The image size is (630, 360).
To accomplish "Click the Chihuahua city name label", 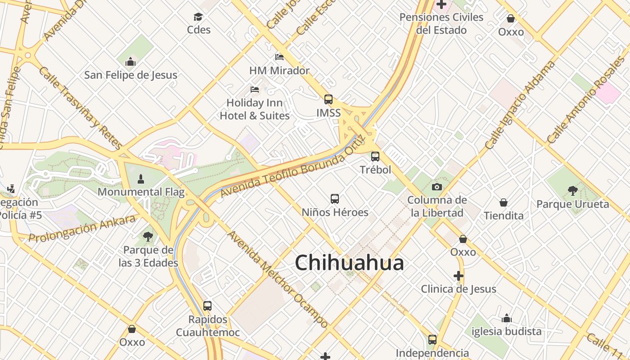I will point(349,263).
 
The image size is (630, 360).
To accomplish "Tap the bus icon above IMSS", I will point(328,99).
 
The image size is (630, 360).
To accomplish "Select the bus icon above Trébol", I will point(375,157).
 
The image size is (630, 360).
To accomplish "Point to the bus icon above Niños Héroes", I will point(335,199).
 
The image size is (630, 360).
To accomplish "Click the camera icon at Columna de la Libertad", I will point(436,187).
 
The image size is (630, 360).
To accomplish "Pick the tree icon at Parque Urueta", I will point(572,191).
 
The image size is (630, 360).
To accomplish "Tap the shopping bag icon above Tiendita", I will point(504,202).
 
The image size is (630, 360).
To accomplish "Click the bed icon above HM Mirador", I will point(279,57).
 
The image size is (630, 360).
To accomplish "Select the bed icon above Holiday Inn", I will point(255,90).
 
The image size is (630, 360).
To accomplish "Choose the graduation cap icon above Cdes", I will point(198,17).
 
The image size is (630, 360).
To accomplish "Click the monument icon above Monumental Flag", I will point(141,179).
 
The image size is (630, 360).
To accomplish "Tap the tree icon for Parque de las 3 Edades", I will point(148,236).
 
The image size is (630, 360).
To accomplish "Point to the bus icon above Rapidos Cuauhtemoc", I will point(207,306).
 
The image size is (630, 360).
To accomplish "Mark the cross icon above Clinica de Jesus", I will point(459,276).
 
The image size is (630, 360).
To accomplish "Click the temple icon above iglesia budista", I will point(507,318).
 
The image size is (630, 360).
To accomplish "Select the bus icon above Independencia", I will point(432,340).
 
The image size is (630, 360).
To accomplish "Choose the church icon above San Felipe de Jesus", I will point(130,62).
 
